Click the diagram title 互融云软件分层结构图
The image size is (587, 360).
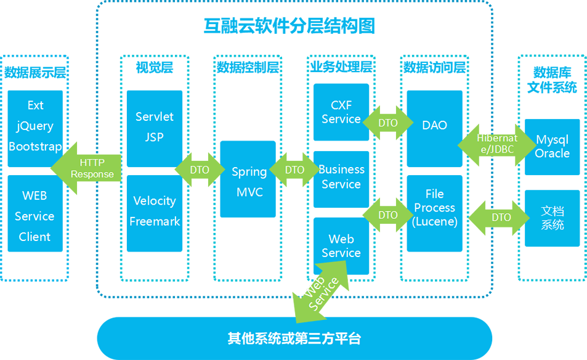289,26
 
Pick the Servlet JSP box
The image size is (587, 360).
154,126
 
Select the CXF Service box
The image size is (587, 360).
341,113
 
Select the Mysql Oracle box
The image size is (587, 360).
552,147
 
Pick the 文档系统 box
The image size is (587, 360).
552,218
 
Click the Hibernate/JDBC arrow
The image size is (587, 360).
496,144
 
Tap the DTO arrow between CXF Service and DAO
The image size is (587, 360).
388,123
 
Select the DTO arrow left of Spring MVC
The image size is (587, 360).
200,170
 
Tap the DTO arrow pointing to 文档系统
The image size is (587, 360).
501,218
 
